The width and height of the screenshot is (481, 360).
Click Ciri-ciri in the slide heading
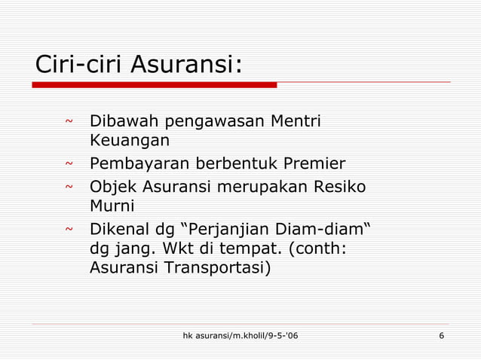click(80, 65)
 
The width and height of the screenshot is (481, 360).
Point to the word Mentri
click(296, 121)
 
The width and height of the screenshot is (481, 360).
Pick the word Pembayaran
click(140, 164)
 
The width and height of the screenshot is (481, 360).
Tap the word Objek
click(112, 187)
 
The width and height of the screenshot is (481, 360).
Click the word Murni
click(112, 206)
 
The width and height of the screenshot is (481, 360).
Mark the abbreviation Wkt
click(175, 248)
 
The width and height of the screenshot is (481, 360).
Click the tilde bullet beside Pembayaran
click(69, 164)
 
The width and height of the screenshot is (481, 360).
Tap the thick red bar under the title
click(155, 85)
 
